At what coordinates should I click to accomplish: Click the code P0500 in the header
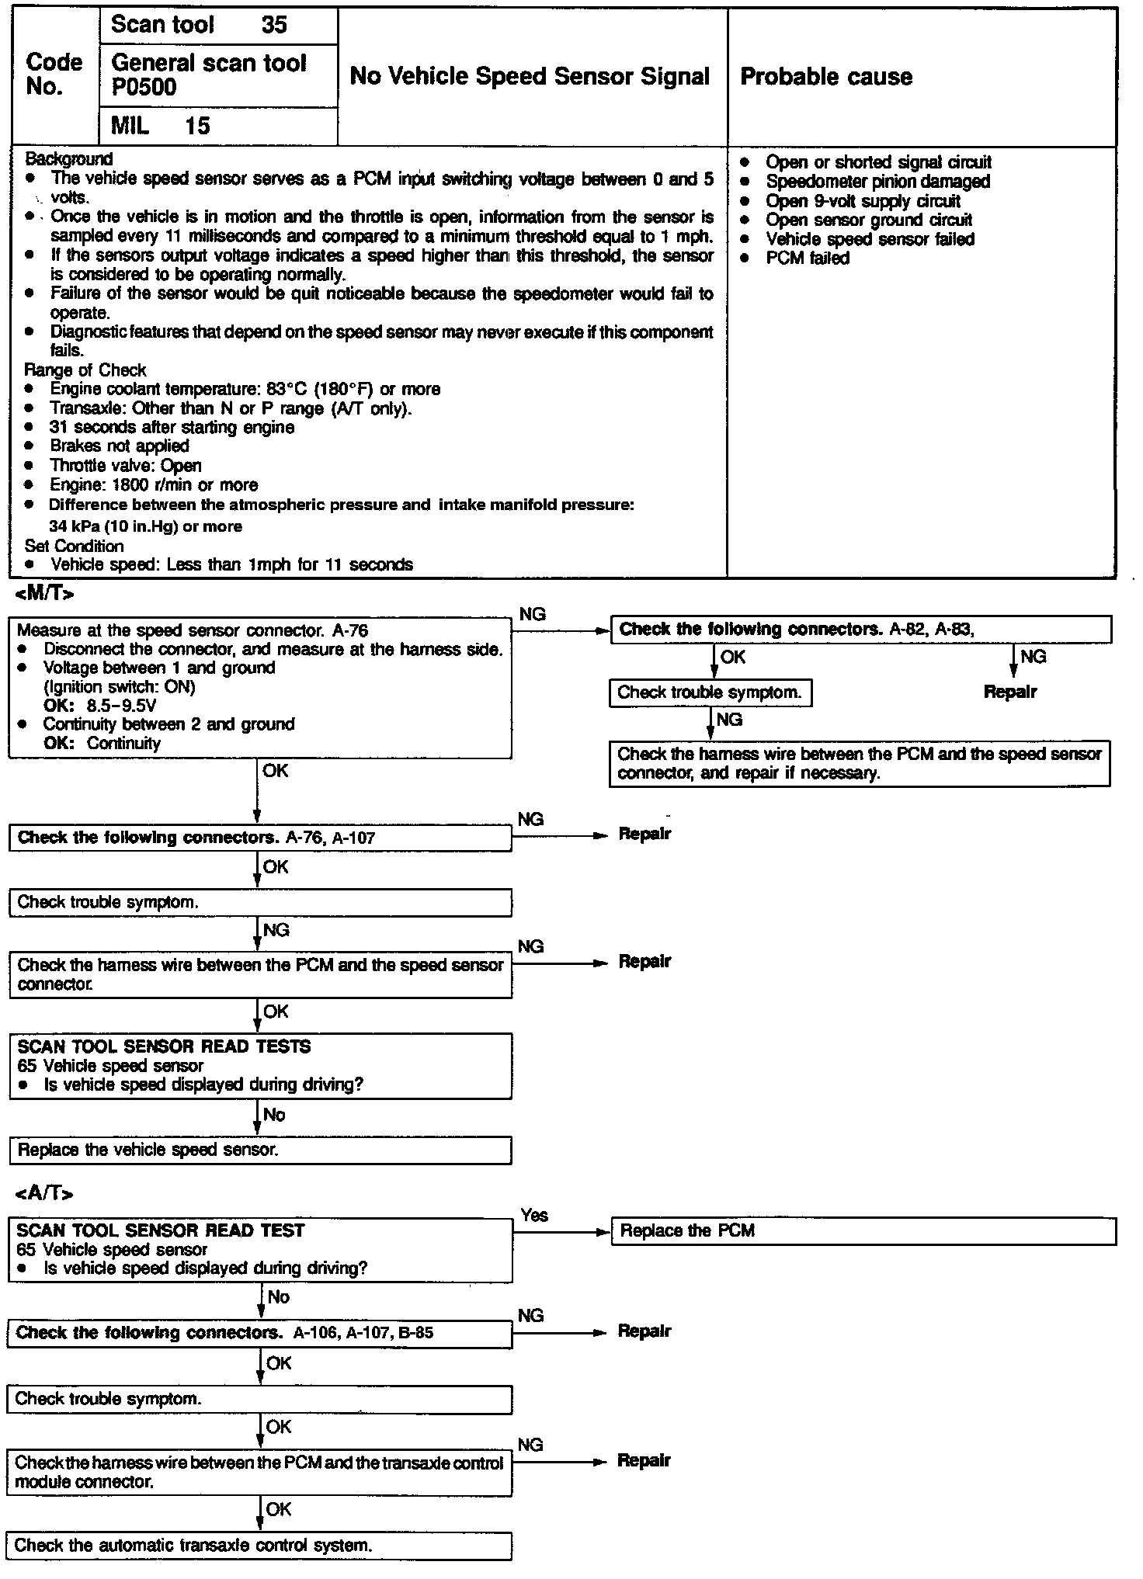(x=144, y=88)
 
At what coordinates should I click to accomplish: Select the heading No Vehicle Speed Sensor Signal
(x=530, y=76)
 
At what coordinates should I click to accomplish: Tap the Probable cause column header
(x=826, y=76)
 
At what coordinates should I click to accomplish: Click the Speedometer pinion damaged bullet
(x=877, y=182)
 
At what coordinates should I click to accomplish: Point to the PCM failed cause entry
(x=808, y=259)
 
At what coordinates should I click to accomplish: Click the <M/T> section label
(x=45, y=595)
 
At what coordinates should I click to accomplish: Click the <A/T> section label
(x=44, y=1193)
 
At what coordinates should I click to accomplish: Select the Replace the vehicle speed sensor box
(x=260, y=1150)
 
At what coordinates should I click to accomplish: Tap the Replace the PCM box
(x=863, y=1231)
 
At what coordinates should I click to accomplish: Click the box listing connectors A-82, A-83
(x=860, y=630)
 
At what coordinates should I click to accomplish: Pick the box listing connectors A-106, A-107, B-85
(x=260, y=1334)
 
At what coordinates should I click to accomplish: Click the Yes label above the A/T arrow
(x=534, y=1216)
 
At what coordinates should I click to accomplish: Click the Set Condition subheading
(x=74, y=546)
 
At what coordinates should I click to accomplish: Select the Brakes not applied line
(x=119, y=446)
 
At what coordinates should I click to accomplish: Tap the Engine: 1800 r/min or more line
(x=153, y=485)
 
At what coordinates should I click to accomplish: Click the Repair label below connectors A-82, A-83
(x=1009, y=692)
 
